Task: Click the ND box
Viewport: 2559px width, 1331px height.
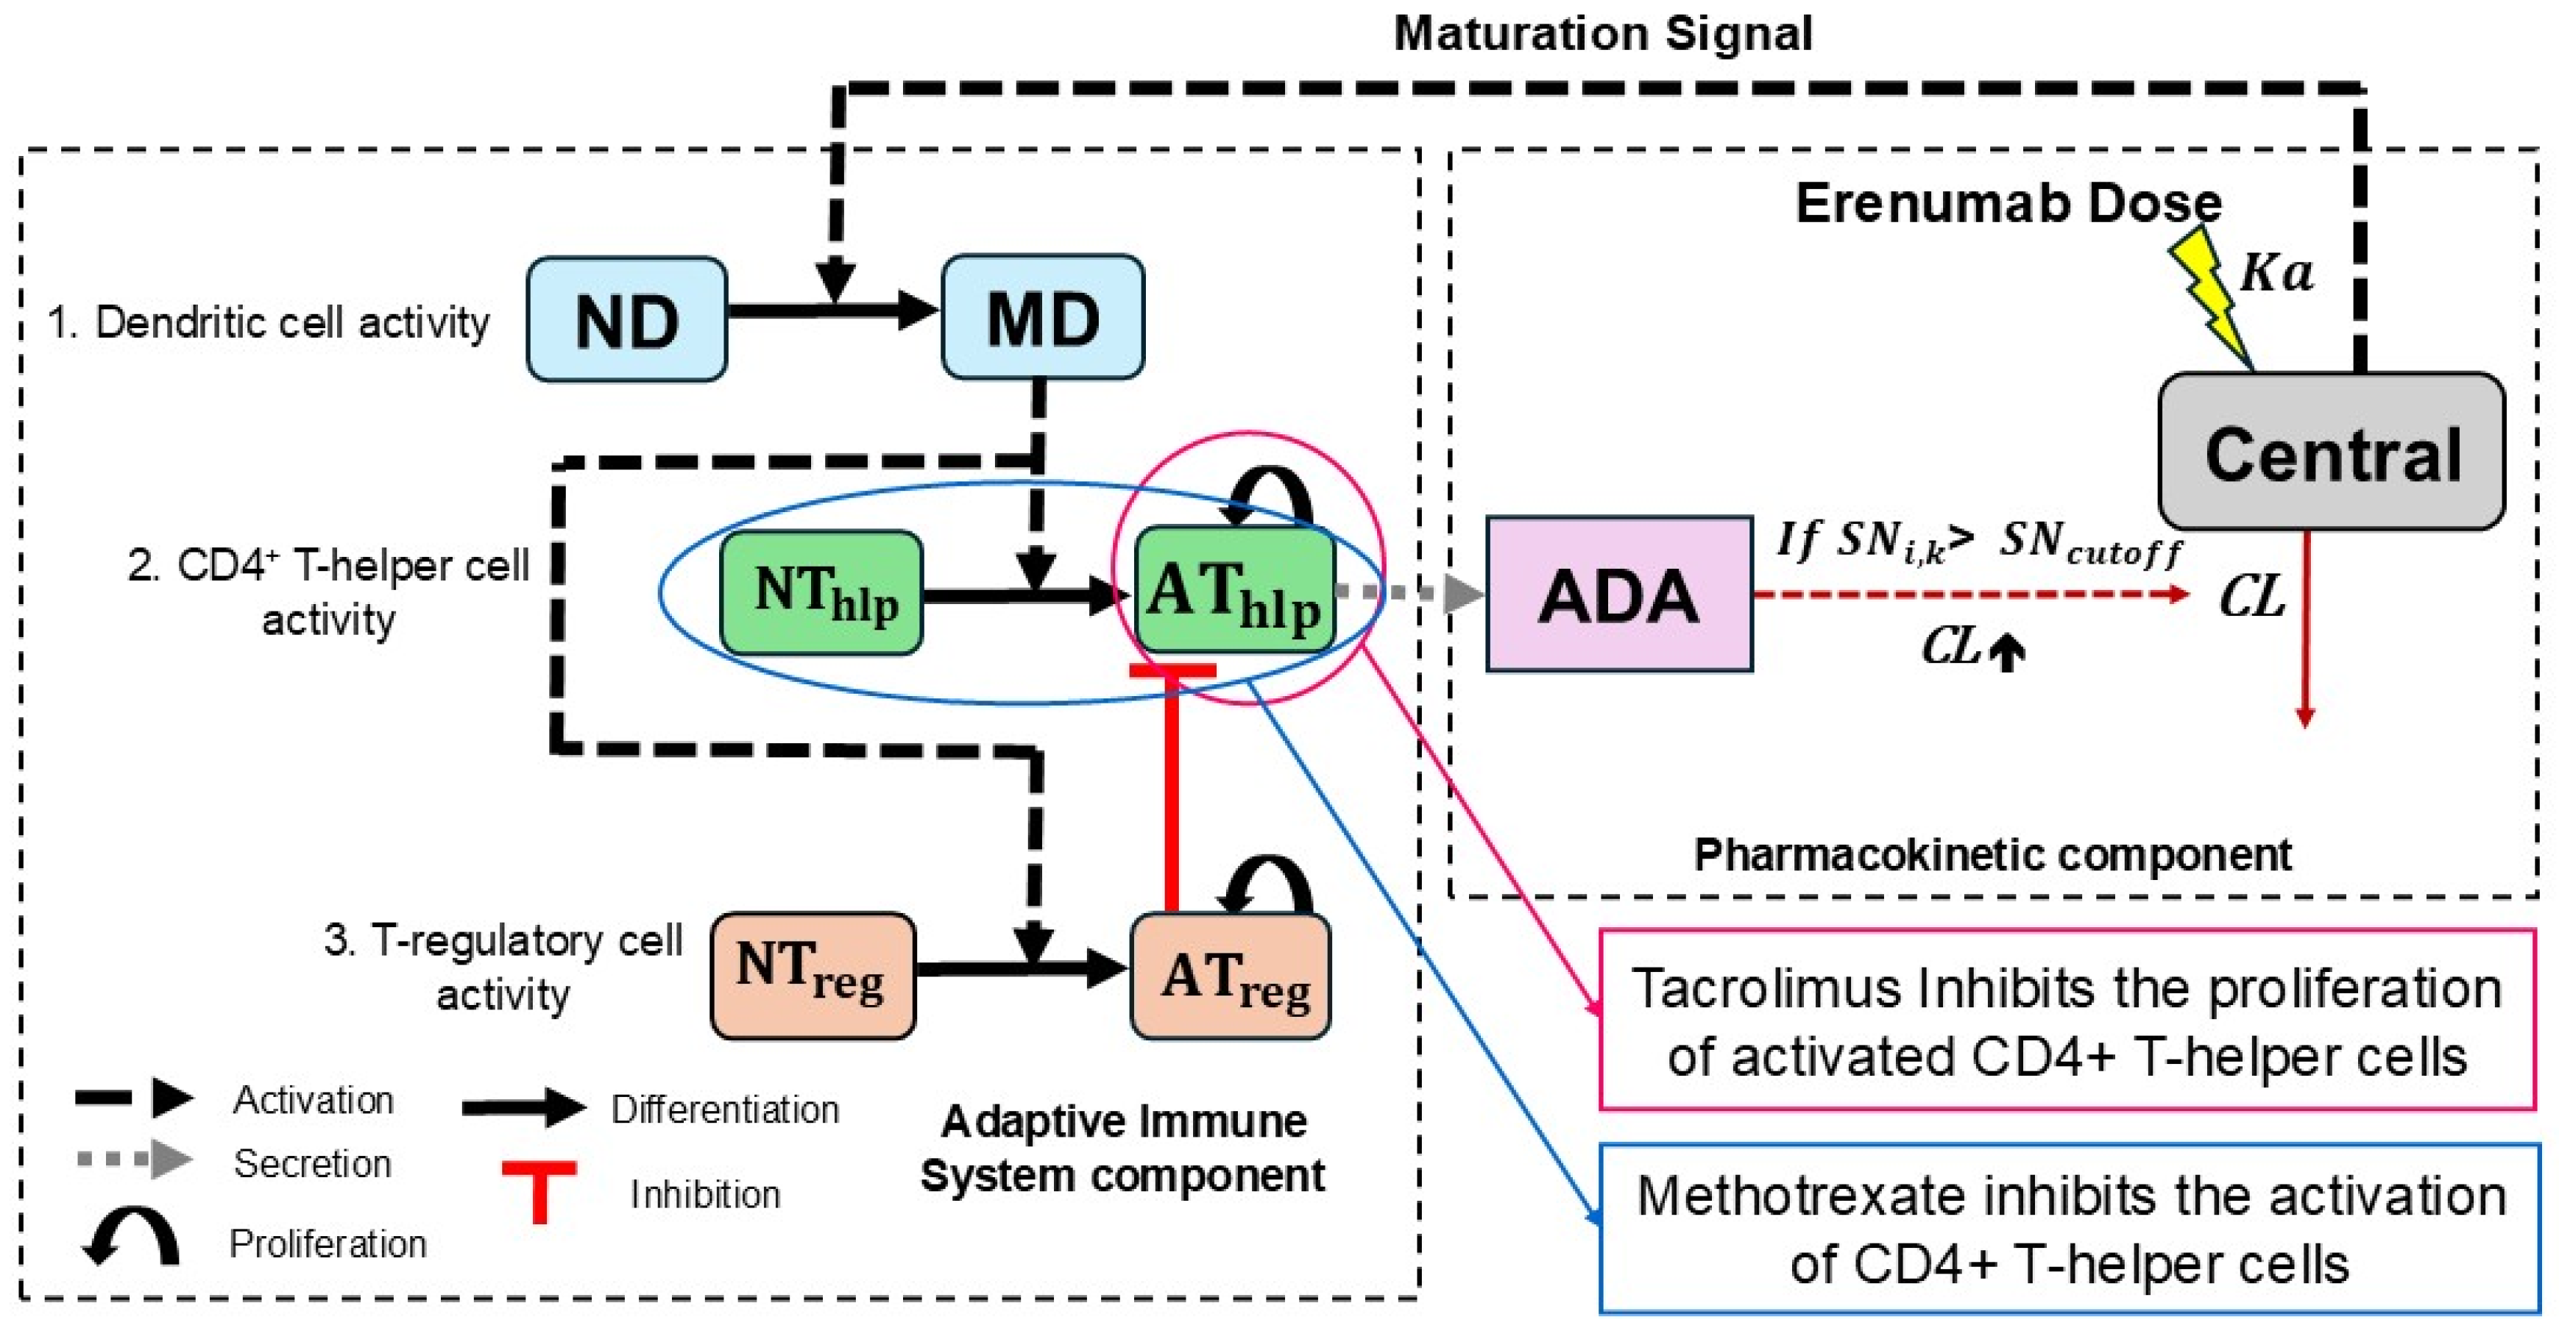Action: pos(626,320)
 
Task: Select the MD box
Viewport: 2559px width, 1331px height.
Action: pos(1042,318)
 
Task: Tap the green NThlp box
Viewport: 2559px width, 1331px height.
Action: pos(821,593)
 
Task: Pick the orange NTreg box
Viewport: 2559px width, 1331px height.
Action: pos(812,976)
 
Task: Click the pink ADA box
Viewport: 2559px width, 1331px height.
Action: pos(1618,594)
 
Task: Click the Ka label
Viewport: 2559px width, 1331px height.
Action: pos(2276,273)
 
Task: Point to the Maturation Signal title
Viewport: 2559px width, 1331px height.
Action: pos(1602,33)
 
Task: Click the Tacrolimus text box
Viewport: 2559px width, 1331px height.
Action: pos(2067,1019)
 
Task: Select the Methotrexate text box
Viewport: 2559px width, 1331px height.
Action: pos(2070,1229)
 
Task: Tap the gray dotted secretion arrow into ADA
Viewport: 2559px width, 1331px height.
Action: pos(1411,593)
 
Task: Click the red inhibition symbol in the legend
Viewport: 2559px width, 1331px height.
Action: pos(539,1190)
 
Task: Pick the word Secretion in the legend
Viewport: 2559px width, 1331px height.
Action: pos(312,1163)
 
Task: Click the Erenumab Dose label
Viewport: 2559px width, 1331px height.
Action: pos(2008,204)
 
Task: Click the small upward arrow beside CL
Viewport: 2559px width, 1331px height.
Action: pos(2008,653)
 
